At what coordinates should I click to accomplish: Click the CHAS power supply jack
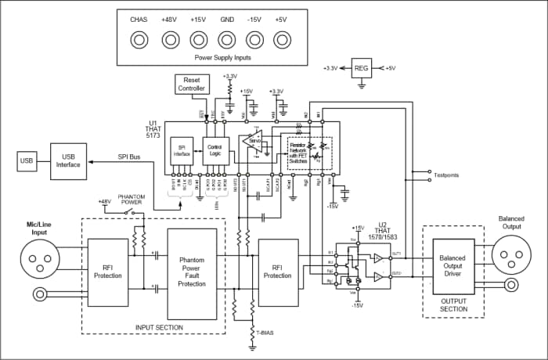coord(139,38)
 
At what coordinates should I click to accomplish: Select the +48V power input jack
coord(168,38)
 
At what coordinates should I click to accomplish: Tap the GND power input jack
coord(227,38)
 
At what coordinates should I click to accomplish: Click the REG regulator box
coord(362,69)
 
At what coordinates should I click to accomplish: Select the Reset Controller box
coord(192,85)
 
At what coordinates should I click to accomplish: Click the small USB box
coord(27,162)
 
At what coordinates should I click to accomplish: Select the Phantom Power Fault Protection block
coord(192,270)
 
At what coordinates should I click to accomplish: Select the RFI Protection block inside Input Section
coord(108,270)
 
